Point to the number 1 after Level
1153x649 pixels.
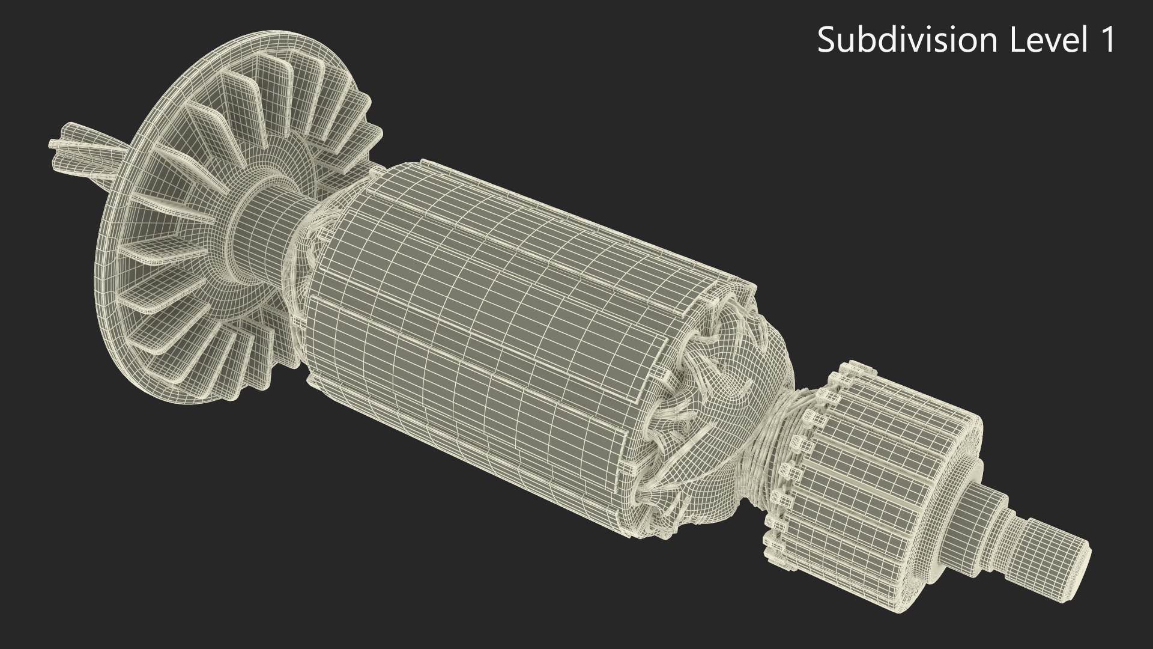pyautogui.click(x=1107, y=40)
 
